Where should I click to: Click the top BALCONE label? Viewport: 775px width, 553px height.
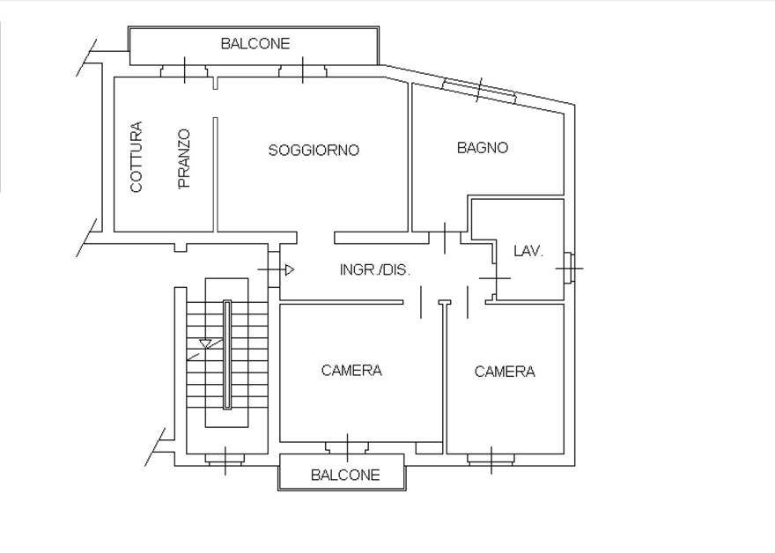click(255, 43)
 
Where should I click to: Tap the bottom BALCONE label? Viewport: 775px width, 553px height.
click(345, 475)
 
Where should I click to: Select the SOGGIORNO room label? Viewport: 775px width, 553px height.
click(314, 151)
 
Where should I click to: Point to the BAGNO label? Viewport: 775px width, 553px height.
click(482, 148)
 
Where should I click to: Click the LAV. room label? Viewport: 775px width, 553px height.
click(528, 251)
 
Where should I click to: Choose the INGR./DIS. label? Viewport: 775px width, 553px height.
click(374, 270)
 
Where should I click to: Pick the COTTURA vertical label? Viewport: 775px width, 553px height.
click(136, 158)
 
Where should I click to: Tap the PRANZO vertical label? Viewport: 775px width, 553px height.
click(183, 159)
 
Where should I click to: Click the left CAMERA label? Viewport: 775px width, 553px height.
click(351, 371)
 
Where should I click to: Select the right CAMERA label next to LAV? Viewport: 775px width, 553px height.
click(505, 372)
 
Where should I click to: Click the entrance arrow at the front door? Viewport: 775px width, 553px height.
click(288, 269)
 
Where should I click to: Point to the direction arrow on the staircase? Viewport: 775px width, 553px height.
click(206, 343)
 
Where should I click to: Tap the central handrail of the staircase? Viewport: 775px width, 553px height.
click(227, 354)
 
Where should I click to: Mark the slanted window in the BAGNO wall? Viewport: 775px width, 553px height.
click(479, 90)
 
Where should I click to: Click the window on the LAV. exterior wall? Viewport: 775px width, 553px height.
click(569, 268)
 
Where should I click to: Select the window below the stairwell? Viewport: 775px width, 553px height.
click(225, 459)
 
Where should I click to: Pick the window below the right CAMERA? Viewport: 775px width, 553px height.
click(491, 458)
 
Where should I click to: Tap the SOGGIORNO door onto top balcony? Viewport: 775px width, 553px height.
click(302, 71)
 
